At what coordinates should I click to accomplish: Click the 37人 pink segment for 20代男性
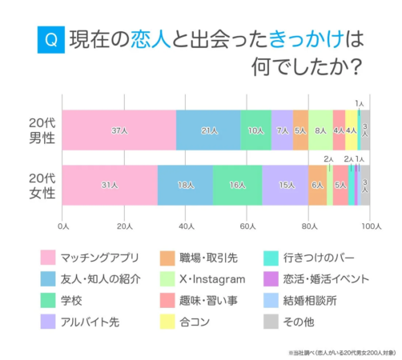click(x=119, y=130)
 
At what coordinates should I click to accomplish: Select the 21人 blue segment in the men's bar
click(x=208, y=130)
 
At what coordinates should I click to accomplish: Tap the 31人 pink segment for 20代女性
click(x=110, y=185)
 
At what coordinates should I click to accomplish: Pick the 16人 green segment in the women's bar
click(x=237, y=185)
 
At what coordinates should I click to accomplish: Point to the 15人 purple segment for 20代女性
click(x=285, y=185)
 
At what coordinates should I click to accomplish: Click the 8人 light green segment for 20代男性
click(x=320, y=130)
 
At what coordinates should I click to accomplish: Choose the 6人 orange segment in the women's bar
click(x=317, y=185)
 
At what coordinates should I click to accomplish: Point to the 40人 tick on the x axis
click(x=187, y=227)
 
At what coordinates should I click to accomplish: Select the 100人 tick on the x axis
click(x=369, y=227)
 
